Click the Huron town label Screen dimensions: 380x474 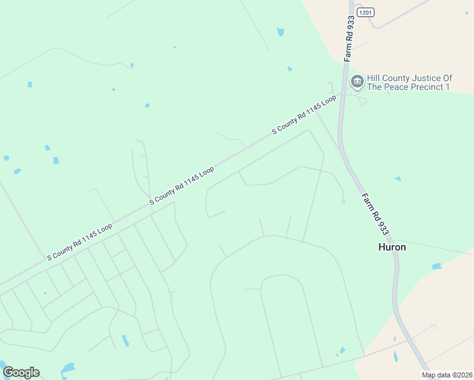[x=392, y=247]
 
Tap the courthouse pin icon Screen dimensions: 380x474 [x=357, y=81]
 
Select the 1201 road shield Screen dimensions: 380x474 [x=366, y=12]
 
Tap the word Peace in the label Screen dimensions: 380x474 [x=396, y=87]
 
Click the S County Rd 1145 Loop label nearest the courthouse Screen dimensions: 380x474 [x=304, y=115]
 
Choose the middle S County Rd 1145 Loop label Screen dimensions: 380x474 [x=182, y=186]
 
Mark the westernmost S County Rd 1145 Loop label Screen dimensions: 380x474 [x=80, y=241]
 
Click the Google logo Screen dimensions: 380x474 [x=21, y=372]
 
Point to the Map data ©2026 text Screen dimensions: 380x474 [x=447, y=375]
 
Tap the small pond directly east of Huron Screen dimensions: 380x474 [x=437, y=266]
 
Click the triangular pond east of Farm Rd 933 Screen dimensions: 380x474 [x=398, y=179]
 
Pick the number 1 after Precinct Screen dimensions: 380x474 [x=447, y=87]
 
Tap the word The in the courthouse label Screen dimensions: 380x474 [x=376, y=87]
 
